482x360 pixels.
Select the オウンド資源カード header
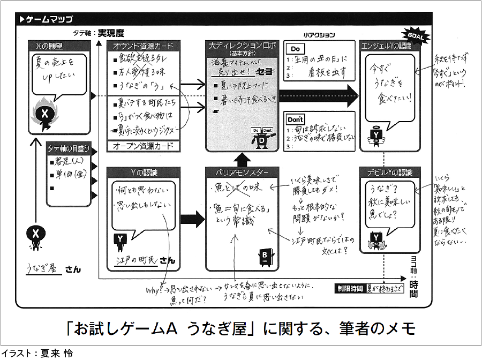144,46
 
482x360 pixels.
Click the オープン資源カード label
144,146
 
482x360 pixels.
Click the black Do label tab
296,49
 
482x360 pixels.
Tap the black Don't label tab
295,119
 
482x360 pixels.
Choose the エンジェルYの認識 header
389,46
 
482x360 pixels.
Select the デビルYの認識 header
389,172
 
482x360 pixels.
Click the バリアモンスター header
242,172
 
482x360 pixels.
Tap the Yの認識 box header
144,172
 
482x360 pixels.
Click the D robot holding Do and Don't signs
262,137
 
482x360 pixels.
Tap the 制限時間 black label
350,287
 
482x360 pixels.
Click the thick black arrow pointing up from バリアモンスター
242,159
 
